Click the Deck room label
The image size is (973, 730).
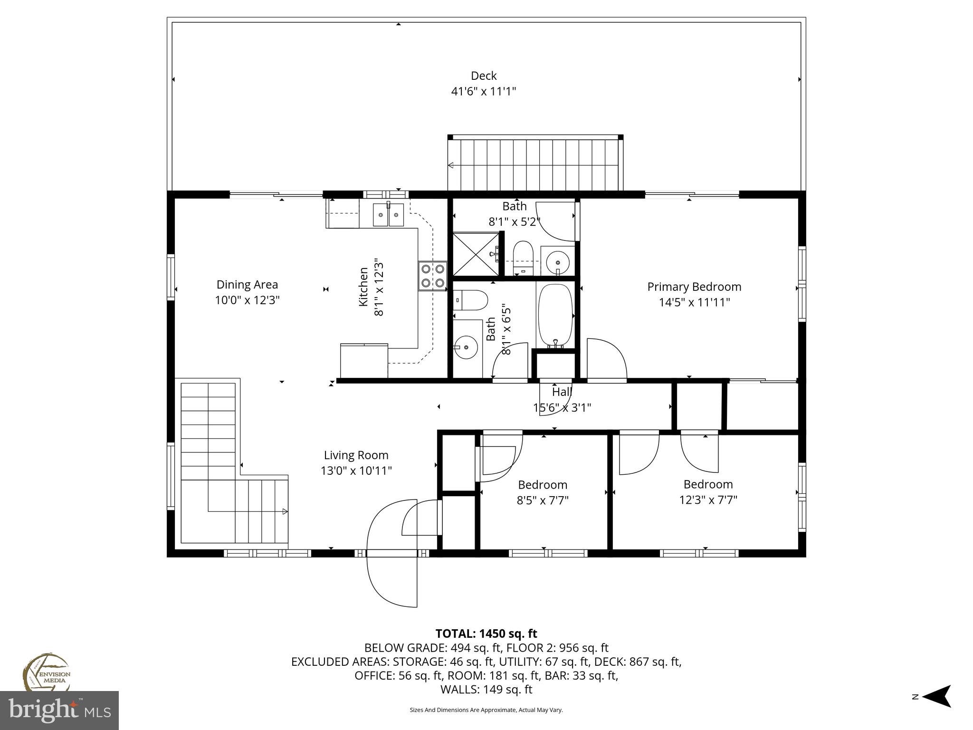[483, 76]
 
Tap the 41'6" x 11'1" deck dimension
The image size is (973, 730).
[483, 91]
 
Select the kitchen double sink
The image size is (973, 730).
[388, 215]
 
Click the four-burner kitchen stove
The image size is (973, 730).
[433, 276]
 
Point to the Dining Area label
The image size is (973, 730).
[247, 285]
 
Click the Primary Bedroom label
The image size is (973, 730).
[694, 287]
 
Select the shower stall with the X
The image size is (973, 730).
[475, 254]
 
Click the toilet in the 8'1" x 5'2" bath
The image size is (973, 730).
[523, 257]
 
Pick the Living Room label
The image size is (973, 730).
[356, 455]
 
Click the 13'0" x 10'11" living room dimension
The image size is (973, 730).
[356, 471]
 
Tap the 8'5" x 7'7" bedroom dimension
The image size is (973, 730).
[543, 500]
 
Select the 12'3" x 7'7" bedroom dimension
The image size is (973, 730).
[708, 500]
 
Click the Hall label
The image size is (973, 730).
[562, 392]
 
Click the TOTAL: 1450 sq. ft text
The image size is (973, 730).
[486, 634]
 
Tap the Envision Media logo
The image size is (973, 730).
[47, 672]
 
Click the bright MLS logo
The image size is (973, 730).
[59, 711]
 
